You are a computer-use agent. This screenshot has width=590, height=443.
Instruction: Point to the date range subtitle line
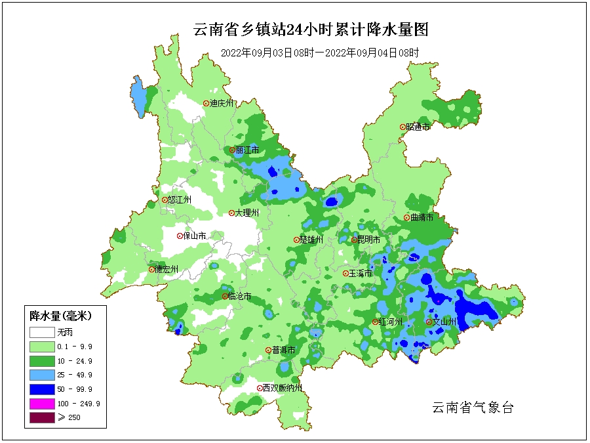[x=319, y=53]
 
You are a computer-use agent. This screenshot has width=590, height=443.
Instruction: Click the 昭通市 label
[x=418, y=127]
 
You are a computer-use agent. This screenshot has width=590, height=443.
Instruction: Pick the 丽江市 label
[x=247, y=150]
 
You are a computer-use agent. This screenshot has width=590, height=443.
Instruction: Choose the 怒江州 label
[x=179, y=200]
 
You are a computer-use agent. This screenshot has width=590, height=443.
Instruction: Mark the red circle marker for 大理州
[x=231, y=213]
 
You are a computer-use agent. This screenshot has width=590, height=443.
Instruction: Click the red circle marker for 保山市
[x=180, y=236]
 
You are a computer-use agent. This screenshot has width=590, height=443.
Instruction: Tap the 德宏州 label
[x=167, y=269]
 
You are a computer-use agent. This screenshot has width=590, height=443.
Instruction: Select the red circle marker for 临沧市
[x=225, y=297]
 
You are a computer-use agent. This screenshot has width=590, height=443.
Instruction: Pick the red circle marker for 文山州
[x=429, y=322]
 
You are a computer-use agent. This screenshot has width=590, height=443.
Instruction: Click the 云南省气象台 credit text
[x=472, y=408]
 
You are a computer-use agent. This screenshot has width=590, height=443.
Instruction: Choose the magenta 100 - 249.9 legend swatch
[x=40, y=404]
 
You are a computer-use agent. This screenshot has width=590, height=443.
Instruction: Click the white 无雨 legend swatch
[x=40, y=332]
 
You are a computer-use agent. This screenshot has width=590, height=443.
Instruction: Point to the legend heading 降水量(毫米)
[x=60, y=316]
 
